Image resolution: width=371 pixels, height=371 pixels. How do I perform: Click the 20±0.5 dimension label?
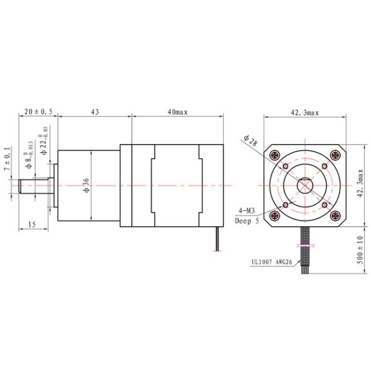(x=38, y=112)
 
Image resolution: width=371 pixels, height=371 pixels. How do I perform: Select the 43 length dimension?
(x=95, y=112)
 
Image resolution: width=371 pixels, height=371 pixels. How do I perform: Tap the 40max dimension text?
(x=177, y=112)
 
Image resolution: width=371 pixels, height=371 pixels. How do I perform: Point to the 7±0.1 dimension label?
(x=7, y=160)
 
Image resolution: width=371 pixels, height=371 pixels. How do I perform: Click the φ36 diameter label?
(x=86, y=185)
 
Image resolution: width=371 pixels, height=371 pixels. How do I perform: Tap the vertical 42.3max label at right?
(x=360, y=184)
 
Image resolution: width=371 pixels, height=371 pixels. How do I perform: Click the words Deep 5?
(x=248, y=220)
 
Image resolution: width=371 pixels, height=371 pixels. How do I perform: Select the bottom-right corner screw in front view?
(x=335, y=215)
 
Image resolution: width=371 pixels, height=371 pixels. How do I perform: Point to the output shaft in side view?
(x=31, y=185)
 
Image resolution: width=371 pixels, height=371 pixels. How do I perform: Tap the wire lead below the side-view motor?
(x=217, y=239)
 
